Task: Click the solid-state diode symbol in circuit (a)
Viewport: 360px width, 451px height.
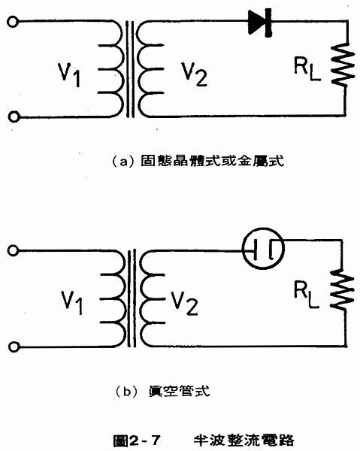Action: pyautogui.click(x=260, y=23)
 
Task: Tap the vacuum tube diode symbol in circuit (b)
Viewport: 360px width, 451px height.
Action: pyautogui.click(x=263, y=249)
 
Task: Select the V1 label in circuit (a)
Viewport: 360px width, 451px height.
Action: pyautogui.click(x=69, y=74)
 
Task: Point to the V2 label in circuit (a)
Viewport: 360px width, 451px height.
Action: pyautogui.click(x=194, y=74)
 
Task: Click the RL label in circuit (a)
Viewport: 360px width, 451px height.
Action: pyautogui.click(x=307, y=69)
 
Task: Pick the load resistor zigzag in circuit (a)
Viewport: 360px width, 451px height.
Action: pyautogui.click(x=342, y=65)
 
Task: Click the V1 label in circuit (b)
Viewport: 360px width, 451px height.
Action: pyautogui.click(x=72, y=303)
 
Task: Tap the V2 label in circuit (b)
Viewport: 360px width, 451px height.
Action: pyautogui.click(x=185, y=303)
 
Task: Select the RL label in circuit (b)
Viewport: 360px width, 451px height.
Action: pyautogui.click(x=307, y=295)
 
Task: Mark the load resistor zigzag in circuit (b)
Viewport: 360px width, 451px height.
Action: pyautogui.click(x=342, y=290)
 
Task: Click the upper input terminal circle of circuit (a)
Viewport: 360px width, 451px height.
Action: pyautogui.click(x=13, y=22)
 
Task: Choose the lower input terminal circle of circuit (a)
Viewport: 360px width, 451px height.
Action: pyautogui.click(x=14, y=117)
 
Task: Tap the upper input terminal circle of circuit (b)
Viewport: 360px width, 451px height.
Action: pyautogui.click(x=13, y=250)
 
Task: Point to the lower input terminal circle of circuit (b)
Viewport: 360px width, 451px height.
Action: pyautogui.click(x=14, y=347)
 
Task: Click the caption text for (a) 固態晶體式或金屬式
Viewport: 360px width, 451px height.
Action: pyautogui.click(x=198, y=161)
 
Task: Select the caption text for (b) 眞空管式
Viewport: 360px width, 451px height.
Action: pyautogui.click(x=162, y=392)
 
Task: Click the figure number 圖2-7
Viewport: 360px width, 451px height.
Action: pyautogui.click(x=137, y=440)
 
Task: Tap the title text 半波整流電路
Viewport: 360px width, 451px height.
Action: pyautogui.click(x=244, y=440)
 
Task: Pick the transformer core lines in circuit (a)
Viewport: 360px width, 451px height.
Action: pyautogui.click(x=130, y=69)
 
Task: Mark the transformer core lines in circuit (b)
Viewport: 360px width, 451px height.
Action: pyautogui.click(x=132, y=298)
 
